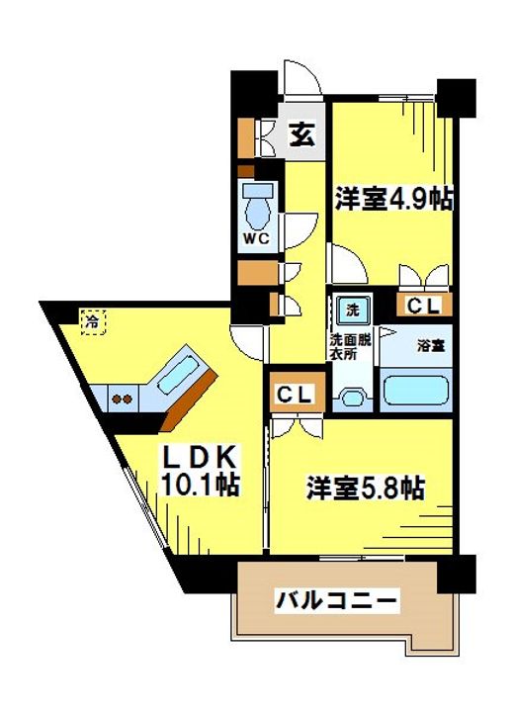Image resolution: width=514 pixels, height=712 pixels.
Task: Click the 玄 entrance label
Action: [x=302, y=133]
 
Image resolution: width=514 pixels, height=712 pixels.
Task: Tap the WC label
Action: [x=256, y=238]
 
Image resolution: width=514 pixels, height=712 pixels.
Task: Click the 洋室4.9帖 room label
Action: [x=393, y=199]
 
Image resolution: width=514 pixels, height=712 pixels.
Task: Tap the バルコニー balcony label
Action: [x=337, y=599]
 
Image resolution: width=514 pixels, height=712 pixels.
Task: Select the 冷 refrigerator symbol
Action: [x=92, y=320]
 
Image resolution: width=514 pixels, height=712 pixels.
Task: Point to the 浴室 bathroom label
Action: [x=429, y=346]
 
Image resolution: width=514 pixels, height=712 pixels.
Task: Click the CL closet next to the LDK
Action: [x=294, y=395]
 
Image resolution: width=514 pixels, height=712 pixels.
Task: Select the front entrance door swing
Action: [x=300, y=79]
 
